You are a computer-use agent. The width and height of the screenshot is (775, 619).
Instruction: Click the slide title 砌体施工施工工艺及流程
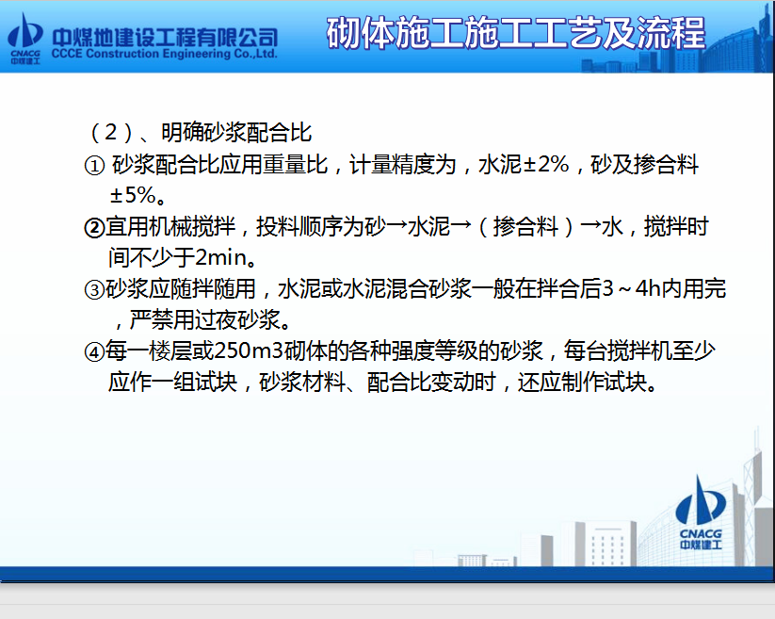(515, 33)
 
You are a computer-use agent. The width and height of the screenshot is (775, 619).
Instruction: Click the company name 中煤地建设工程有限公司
(165, 37)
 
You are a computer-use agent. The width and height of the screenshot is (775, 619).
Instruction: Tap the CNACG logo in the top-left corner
(25, 39)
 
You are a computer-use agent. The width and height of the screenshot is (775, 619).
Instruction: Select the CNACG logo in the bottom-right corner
(701, 513)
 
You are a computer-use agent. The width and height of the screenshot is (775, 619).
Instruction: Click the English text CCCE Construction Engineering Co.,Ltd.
(164, 54)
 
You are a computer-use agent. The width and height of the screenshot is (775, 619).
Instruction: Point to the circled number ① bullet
(94, 166)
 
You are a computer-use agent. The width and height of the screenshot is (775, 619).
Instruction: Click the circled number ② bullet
(94, 228)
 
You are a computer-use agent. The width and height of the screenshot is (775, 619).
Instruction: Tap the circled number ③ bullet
(94, 290)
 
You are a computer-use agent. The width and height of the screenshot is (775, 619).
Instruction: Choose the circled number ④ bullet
(94, 351)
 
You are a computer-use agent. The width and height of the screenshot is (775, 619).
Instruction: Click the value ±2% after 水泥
(545, 165)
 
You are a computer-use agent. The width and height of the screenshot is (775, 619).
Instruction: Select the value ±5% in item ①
(133, 195)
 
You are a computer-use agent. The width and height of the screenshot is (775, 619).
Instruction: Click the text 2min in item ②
(221, 257)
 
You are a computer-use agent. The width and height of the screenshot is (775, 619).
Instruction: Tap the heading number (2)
(111, 133)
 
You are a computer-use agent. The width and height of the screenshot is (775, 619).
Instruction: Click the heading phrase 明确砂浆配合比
(236, 133)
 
